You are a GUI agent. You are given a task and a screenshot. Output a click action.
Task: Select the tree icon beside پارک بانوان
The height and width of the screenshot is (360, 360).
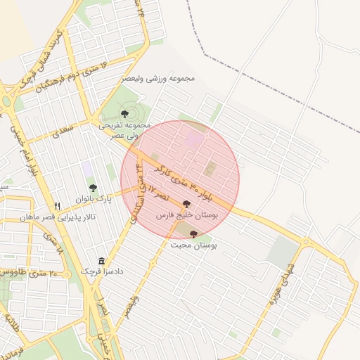[93, 188]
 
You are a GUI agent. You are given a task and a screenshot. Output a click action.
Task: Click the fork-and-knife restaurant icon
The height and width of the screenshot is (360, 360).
[58, 206]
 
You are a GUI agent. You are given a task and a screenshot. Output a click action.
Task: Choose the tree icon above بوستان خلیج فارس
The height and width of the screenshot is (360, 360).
[186, 204]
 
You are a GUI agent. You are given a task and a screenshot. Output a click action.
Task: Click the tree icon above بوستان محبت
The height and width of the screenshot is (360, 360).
[193, 234]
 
